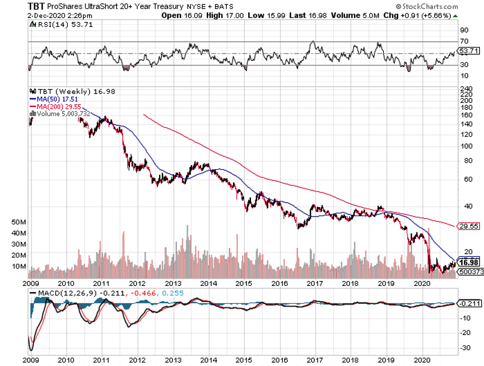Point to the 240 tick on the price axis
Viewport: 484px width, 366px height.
[464, 88]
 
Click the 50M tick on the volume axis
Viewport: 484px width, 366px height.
[18, 222]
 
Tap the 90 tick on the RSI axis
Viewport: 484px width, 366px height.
[463, 30]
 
